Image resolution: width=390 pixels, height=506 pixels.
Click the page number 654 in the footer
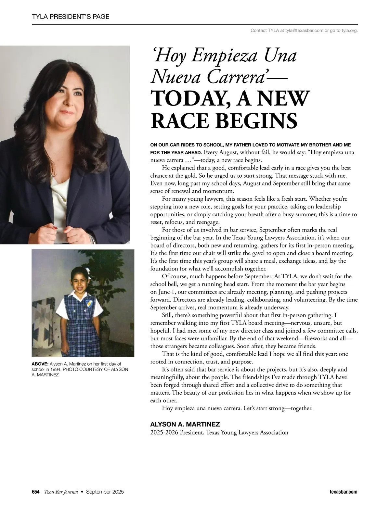coord(36,492)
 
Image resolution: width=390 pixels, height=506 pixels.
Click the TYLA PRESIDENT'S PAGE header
coord(71,17)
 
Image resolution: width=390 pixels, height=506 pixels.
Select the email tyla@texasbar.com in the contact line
coord(304,31)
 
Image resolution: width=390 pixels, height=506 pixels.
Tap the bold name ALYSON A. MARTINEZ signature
coord(185,424)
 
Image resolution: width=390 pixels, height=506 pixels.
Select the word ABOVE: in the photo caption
coord(40,364)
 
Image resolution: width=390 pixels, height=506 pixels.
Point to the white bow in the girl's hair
coord(87,270)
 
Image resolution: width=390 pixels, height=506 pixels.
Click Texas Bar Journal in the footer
coord(61,492)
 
